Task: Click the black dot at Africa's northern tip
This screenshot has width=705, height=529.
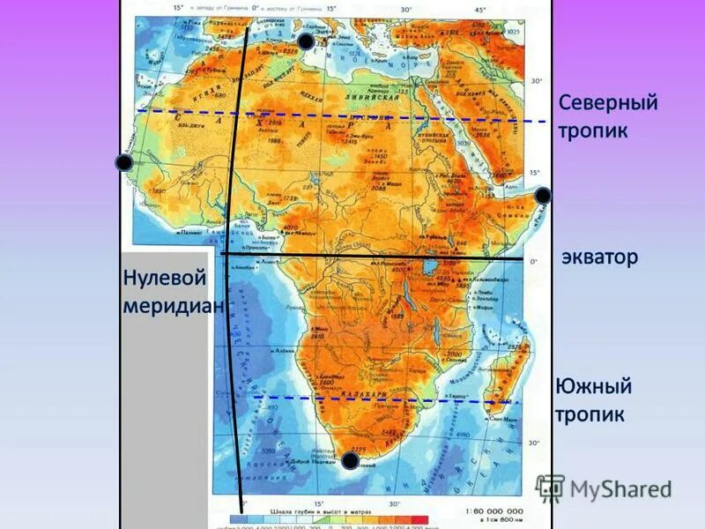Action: click(x=305, y=41)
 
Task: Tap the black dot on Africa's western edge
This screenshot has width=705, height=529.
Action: click(x=123, y=162)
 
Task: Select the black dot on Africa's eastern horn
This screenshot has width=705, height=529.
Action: click(x=543, y=195)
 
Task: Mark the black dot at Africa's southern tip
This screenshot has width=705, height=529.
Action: click(x=350, y=460)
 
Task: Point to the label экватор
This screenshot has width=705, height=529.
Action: click(x=599, y=257)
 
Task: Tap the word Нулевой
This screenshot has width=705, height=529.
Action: click(x=165, y=279)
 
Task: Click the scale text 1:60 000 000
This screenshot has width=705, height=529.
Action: click(x=489, y=511)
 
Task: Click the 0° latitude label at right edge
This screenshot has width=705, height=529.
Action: click(x=533, y=261)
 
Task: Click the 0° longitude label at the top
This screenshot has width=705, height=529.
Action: click(x=256, y=8)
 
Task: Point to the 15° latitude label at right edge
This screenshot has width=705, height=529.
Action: click(x=533, y=172)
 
